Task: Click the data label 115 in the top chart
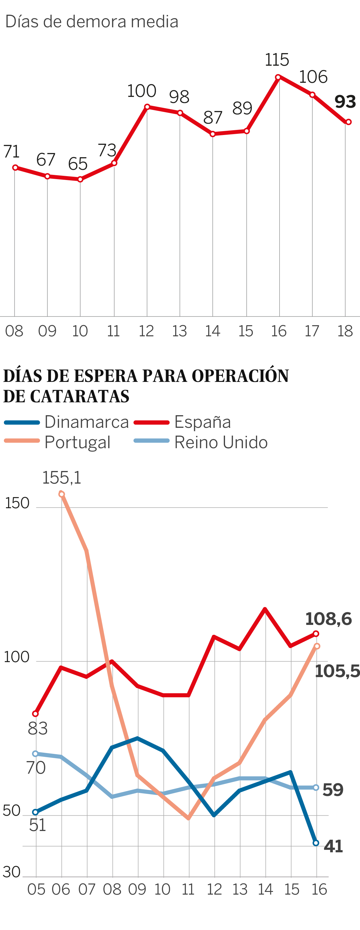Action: [277, 60]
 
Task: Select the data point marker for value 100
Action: [147, 107]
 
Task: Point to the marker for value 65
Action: [80, 179]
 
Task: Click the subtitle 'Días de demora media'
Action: [92, 22]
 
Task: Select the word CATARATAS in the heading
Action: [79, 396]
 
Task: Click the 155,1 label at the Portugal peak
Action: [62, 478]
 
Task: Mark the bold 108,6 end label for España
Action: [328, 619]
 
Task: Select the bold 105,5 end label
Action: [337, 671]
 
